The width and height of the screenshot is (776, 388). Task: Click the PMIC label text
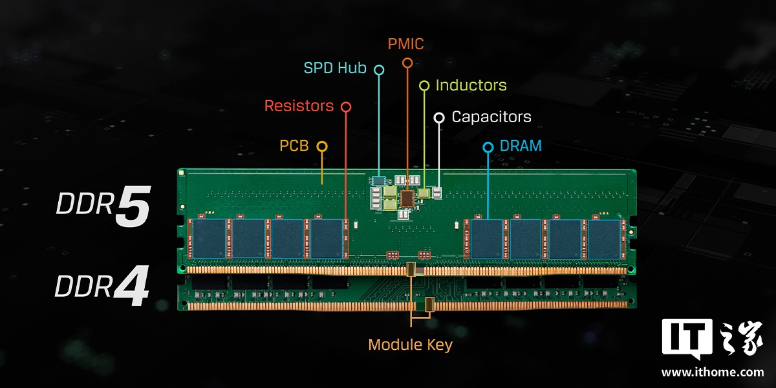405,44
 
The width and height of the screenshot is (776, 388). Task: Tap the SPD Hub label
335,68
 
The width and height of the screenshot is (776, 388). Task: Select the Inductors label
471,85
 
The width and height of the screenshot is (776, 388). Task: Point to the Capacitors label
491,117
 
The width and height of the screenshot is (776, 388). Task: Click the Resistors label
299,105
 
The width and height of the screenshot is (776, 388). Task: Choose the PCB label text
294,146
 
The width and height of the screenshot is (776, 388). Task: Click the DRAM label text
521,146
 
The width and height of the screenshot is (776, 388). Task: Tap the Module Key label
410,345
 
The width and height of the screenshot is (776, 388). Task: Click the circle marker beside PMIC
407,63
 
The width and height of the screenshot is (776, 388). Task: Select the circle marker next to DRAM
488,147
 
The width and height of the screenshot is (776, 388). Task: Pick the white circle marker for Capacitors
439,118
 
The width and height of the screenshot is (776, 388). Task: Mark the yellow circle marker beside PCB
321,147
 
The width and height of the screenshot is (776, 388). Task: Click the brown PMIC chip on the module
407,197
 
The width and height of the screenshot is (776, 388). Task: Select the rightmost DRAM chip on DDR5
604,239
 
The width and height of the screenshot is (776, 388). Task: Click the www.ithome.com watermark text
712,372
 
